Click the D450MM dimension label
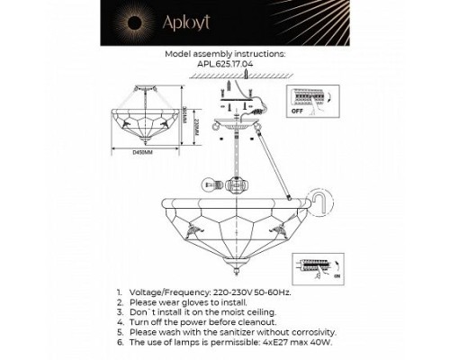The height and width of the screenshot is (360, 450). coord(143,153)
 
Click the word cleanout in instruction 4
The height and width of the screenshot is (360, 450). coord(247,321)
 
